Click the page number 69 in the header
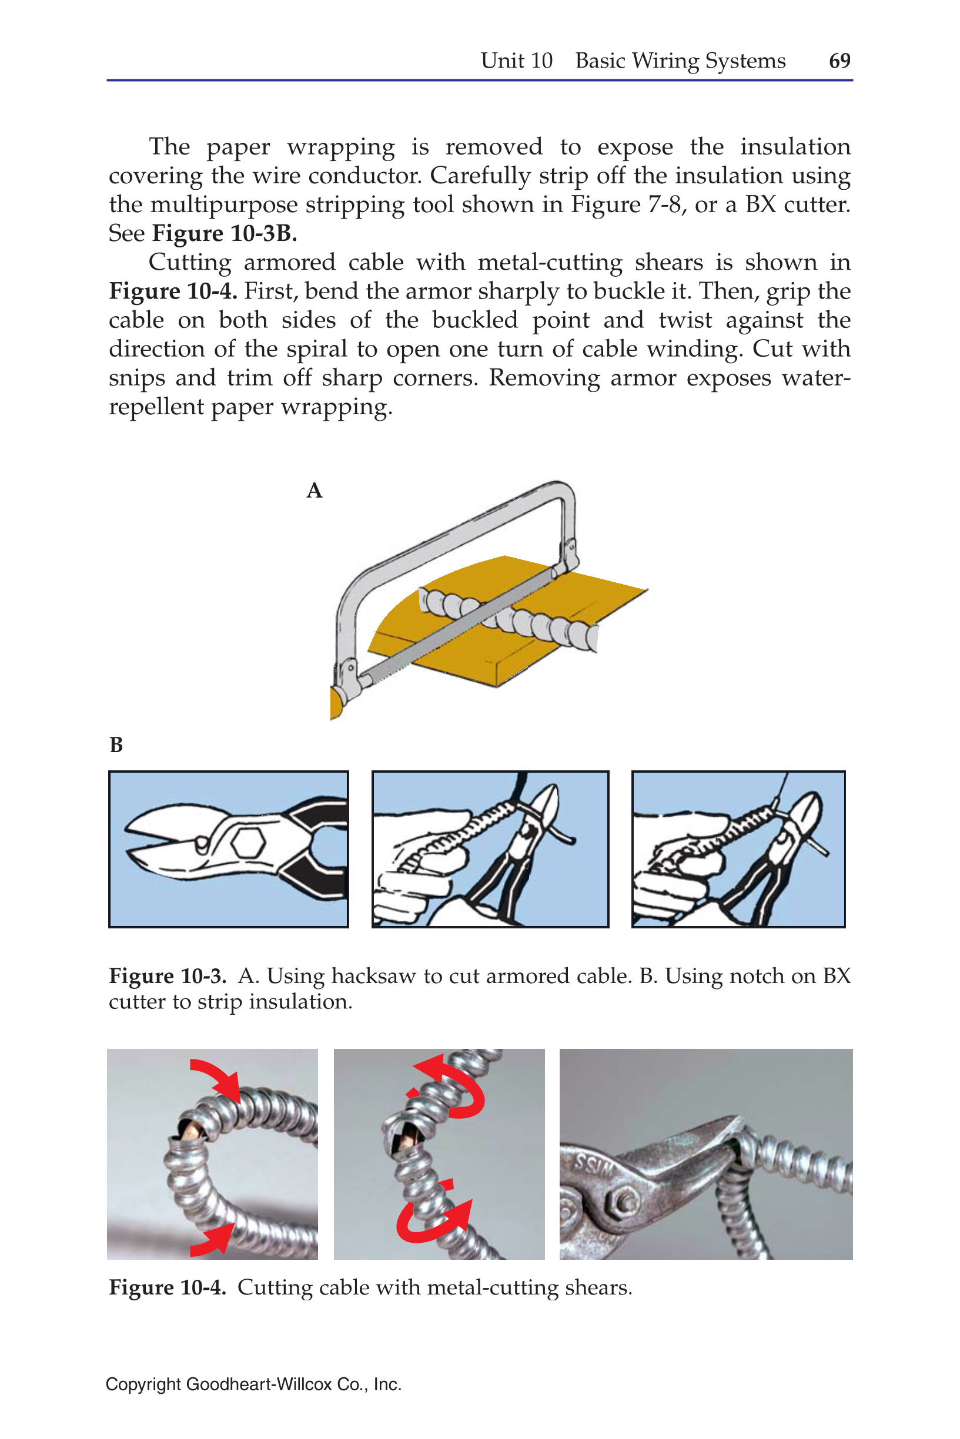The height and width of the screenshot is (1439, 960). click(x=839, y=61)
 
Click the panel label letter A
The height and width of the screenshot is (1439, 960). click(x=314, y=491)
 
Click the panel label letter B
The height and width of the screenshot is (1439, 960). click(x=116, y=744)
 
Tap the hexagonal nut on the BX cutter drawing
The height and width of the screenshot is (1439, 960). click(x=249, y=843)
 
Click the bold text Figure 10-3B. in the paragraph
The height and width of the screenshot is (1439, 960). click(x=224, y=233)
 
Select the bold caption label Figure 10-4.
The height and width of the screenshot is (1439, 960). click(x=167, y=1287)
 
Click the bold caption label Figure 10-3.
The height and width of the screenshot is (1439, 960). click(x=167, y=976)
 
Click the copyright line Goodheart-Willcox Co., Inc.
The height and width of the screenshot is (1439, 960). click(x=253, y=1384)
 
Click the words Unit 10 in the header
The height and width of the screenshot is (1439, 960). click(x=516, y=61)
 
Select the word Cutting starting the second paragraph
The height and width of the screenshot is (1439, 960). click(x=190, y=263)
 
